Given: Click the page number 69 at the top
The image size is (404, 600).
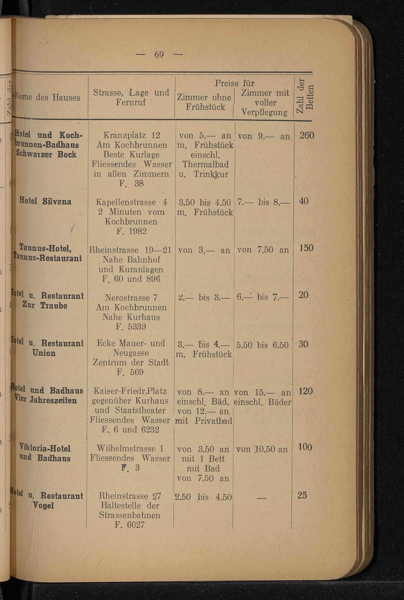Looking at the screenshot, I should coord(159,55).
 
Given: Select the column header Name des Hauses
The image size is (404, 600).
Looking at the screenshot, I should coord(48,98).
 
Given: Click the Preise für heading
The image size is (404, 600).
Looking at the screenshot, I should coord(235,83).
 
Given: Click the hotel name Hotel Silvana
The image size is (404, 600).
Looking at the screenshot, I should coord(45,201).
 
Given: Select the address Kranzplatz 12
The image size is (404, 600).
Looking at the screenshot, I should coord(132,135).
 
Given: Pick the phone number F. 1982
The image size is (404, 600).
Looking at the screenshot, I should coord(132,231).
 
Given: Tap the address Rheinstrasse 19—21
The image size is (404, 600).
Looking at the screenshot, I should coord(130,250).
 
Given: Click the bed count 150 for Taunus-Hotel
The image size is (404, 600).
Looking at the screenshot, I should coord(306,248).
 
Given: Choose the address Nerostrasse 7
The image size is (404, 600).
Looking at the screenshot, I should coord(131,298).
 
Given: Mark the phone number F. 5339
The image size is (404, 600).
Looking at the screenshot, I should coord(131,327).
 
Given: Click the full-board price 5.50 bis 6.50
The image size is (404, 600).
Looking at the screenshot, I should coord(262,345).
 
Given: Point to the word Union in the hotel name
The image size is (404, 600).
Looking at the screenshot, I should coord(44,353).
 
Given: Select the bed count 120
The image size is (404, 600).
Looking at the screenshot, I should coord(306,391).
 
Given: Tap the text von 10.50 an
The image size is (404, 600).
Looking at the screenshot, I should coord(262,449).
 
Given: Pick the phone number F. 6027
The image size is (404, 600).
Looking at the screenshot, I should coord(130,525).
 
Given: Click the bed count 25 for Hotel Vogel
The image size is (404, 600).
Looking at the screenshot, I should coord(302,495).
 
